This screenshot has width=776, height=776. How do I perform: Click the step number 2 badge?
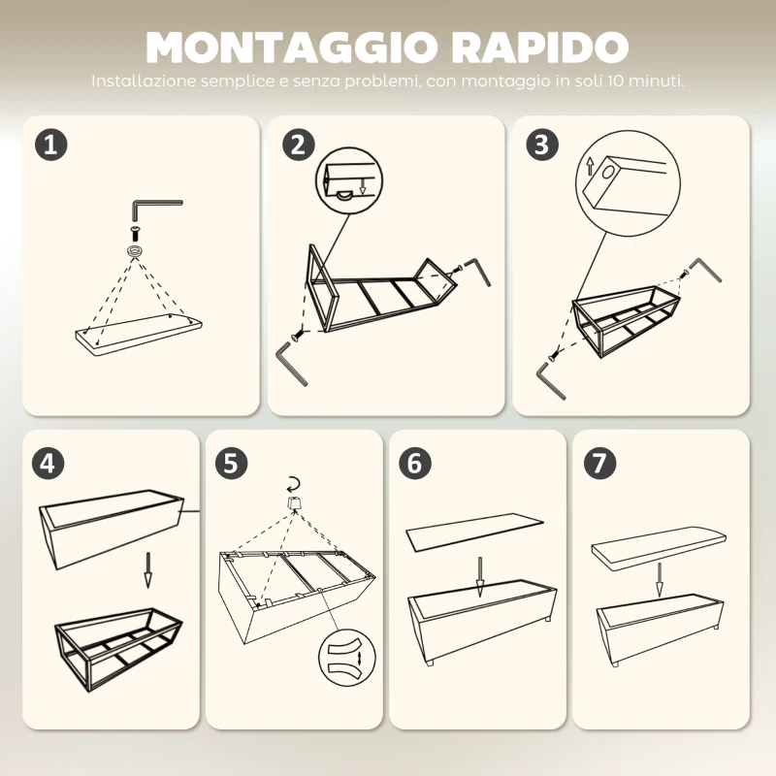[x=297, y=145]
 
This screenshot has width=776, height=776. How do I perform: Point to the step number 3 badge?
[x=542, y=145]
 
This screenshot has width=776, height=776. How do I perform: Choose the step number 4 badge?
[x=51, y=463]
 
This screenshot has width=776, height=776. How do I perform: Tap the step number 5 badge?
[x=230, y=463]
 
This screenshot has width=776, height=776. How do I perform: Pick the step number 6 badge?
[x=414, y=463]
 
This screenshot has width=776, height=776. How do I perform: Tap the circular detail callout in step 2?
[x=343, y=181]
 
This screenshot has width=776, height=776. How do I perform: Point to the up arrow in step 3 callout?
[x=589, y=166]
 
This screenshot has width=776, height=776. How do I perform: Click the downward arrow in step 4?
[x=147, y=570]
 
